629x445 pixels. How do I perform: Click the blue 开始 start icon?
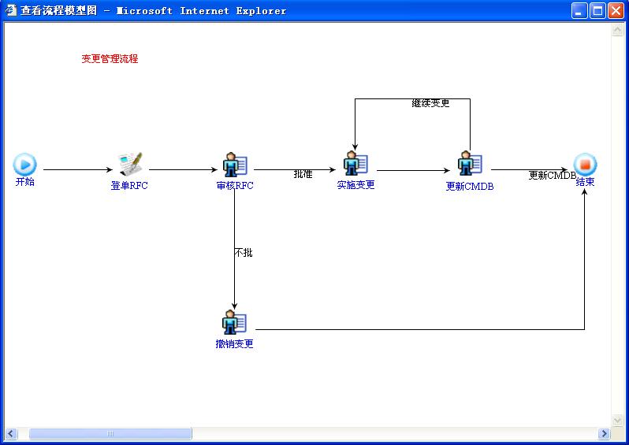(x=24, y=164)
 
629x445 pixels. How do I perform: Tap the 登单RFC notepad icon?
(x=130, y=164)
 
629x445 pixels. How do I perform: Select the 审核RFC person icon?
(x=235, y=165)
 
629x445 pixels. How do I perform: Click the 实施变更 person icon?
(x=355, y=164)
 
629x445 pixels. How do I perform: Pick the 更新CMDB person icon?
(x=470, y=164)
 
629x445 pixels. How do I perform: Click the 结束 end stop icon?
(x=585, y=165)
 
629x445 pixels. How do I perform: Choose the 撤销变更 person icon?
(x=234, y=322)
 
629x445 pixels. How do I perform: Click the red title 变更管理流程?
(x=110, y=59)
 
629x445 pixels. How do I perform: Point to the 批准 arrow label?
(x=303, y=174)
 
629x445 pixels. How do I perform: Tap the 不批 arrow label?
(x=244, y=253)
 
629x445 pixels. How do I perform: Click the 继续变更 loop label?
(x=430, y=103)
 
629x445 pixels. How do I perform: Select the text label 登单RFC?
(x=129, y=186)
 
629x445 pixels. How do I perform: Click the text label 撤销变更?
(x=235, y=344)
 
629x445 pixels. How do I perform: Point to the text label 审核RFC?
(x=235, y=186)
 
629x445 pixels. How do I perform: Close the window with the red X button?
(x=616, y=11)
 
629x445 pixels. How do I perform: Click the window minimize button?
(x=579, y=11)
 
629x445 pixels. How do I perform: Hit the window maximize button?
(x=597, y=11)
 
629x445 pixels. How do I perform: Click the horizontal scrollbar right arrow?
(x=605, y=434)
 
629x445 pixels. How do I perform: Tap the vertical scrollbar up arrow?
(x=617, y=30)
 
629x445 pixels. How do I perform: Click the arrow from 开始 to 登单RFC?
(x=79, y=169)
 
